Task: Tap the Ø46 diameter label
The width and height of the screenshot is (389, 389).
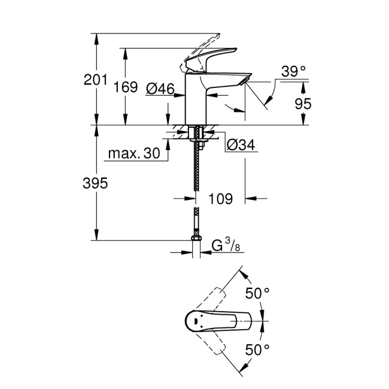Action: pyautogui.click(x=160, y=89)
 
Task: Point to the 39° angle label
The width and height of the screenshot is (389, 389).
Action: pyautogui.click(x=294, y=71)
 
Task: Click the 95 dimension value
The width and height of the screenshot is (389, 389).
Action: pyautogui.click(x=303, y=104)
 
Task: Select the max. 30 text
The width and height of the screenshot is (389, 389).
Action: pyautogui.click(x=134, y=154)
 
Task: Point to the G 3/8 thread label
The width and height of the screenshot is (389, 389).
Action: pyautogui.click(x=228, y=245)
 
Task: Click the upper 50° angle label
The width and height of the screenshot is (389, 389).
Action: pyautogui.click(x=259, y=293)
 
